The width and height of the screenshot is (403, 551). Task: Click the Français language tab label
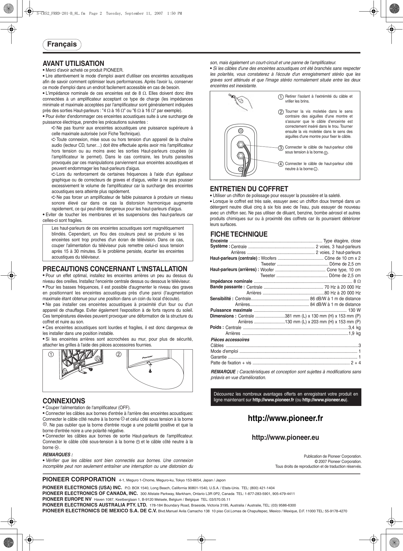point(62,44)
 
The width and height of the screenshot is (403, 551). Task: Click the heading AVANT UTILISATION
point(73,64)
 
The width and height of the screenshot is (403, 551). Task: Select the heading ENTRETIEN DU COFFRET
point(249,189)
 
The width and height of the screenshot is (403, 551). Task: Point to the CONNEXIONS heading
point(64,401)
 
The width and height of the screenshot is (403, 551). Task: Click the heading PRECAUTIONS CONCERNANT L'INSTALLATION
point(115,269)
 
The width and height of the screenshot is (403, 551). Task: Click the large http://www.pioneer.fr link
point(285,418)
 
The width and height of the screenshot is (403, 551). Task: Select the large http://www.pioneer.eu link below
point(285,437)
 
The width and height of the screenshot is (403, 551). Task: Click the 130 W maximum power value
point(354,310)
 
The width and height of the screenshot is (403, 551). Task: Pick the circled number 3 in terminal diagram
point(280,148)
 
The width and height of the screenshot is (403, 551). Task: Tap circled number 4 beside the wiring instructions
point(280,164)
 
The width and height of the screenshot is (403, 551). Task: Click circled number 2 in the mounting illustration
point(119,355)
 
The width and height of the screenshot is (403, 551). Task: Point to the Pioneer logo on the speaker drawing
point(147,357)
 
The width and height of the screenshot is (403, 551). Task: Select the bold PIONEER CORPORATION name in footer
point(79,480)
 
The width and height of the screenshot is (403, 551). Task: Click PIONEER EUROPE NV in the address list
point(67,499)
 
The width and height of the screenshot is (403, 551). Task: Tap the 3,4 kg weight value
point(354,328)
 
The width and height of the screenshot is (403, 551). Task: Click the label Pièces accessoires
point(230,340)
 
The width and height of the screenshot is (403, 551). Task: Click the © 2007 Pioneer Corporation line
point(338,461)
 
